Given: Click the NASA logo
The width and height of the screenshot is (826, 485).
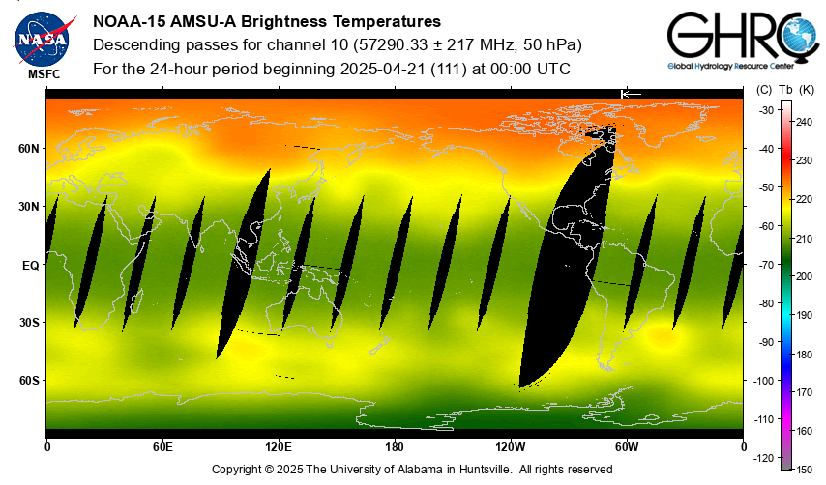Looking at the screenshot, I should pyautogui.click(x=43, y=38).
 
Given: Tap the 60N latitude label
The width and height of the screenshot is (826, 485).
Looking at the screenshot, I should pyautogui.click(x=29, y=149).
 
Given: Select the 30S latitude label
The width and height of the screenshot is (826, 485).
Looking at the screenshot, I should pyautogui.click(x=29, y=323).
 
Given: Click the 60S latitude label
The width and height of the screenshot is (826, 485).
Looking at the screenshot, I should pyautogui.click(x=29, y=381).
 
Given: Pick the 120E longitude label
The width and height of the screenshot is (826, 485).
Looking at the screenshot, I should pyautogui.click(x=279, y=447).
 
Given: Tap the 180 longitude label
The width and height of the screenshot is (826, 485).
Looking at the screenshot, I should pyautogui.click(x=395, y=447).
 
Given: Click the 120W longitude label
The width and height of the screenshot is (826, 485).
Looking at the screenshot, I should pyautogui.click(x=511, y=447).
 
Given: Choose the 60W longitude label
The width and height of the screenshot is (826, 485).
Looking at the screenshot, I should pyautogui.click(x=627, y=447).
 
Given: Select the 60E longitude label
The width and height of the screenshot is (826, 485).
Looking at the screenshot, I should pyautogui.click(x=162, y=447).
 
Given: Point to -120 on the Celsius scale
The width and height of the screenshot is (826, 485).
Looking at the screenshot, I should pyautogui.click(x=764, y=457).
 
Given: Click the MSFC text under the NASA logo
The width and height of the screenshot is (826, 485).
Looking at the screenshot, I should pyautogui.click(x=43, y=73).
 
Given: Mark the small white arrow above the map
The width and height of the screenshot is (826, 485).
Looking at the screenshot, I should pyautogui.click(x=631, y=93).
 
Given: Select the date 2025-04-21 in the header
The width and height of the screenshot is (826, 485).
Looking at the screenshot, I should pyautogui.click(x=383, y=70).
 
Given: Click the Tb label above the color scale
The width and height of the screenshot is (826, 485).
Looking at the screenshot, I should pyautogui.click(x=785, y=90).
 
